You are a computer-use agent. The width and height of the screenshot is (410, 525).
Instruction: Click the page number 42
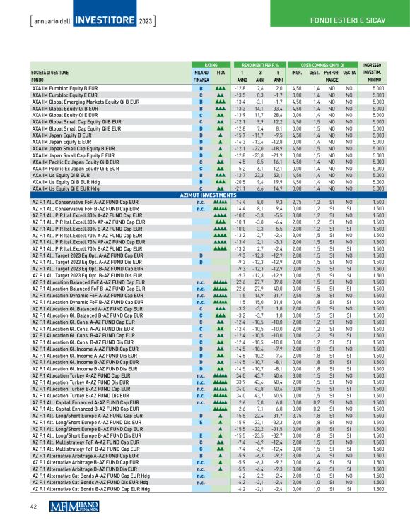coord(33,506)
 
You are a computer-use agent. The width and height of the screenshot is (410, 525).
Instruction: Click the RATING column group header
coord(201,65)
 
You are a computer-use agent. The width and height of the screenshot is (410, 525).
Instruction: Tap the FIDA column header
coord(220,73)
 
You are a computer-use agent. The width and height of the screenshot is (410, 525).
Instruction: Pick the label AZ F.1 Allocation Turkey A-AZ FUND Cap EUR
coord(88,376)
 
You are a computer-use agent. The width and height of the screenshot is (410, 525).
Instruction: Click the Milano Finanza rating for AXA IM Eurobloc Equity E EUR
coord(201,94)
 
